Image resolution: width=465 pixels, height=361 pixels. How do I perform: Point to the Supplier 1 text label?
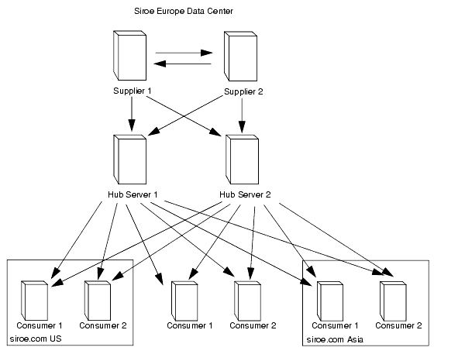(132, 91)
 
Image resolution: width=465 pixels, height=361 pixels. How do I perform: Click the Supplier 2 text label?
(243, 91)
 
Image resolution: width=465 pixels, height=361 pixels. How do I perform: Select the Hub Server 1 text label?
(132, 194)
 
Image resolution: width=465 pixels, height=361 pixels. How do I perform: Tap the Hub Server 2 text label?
(245, 194)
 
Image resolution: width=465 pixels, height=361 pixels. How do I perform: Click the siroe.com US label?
(35, 339)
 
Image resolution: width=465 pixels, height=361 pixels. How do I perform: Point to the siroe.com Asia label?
(335, 339)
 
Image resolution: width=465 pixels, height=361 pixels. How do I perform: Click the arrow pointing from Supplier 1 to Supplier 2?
(184, 54)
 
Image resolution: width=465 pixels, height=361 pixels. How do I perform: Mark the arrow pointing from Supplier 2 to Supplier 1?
(184, 66)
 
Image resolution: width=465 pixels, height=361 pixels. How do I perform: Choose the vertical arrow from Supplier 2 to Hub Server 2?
(243, 115)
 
